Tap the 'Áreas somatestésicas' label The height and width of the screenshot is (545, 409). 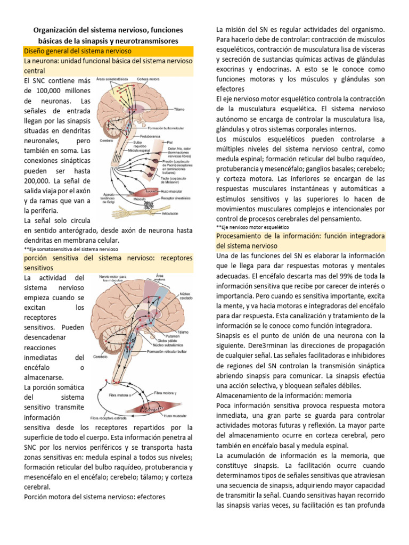tap(113, 79)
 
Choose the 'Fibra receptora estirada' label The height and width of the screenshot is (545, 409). tap(116, 418)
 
